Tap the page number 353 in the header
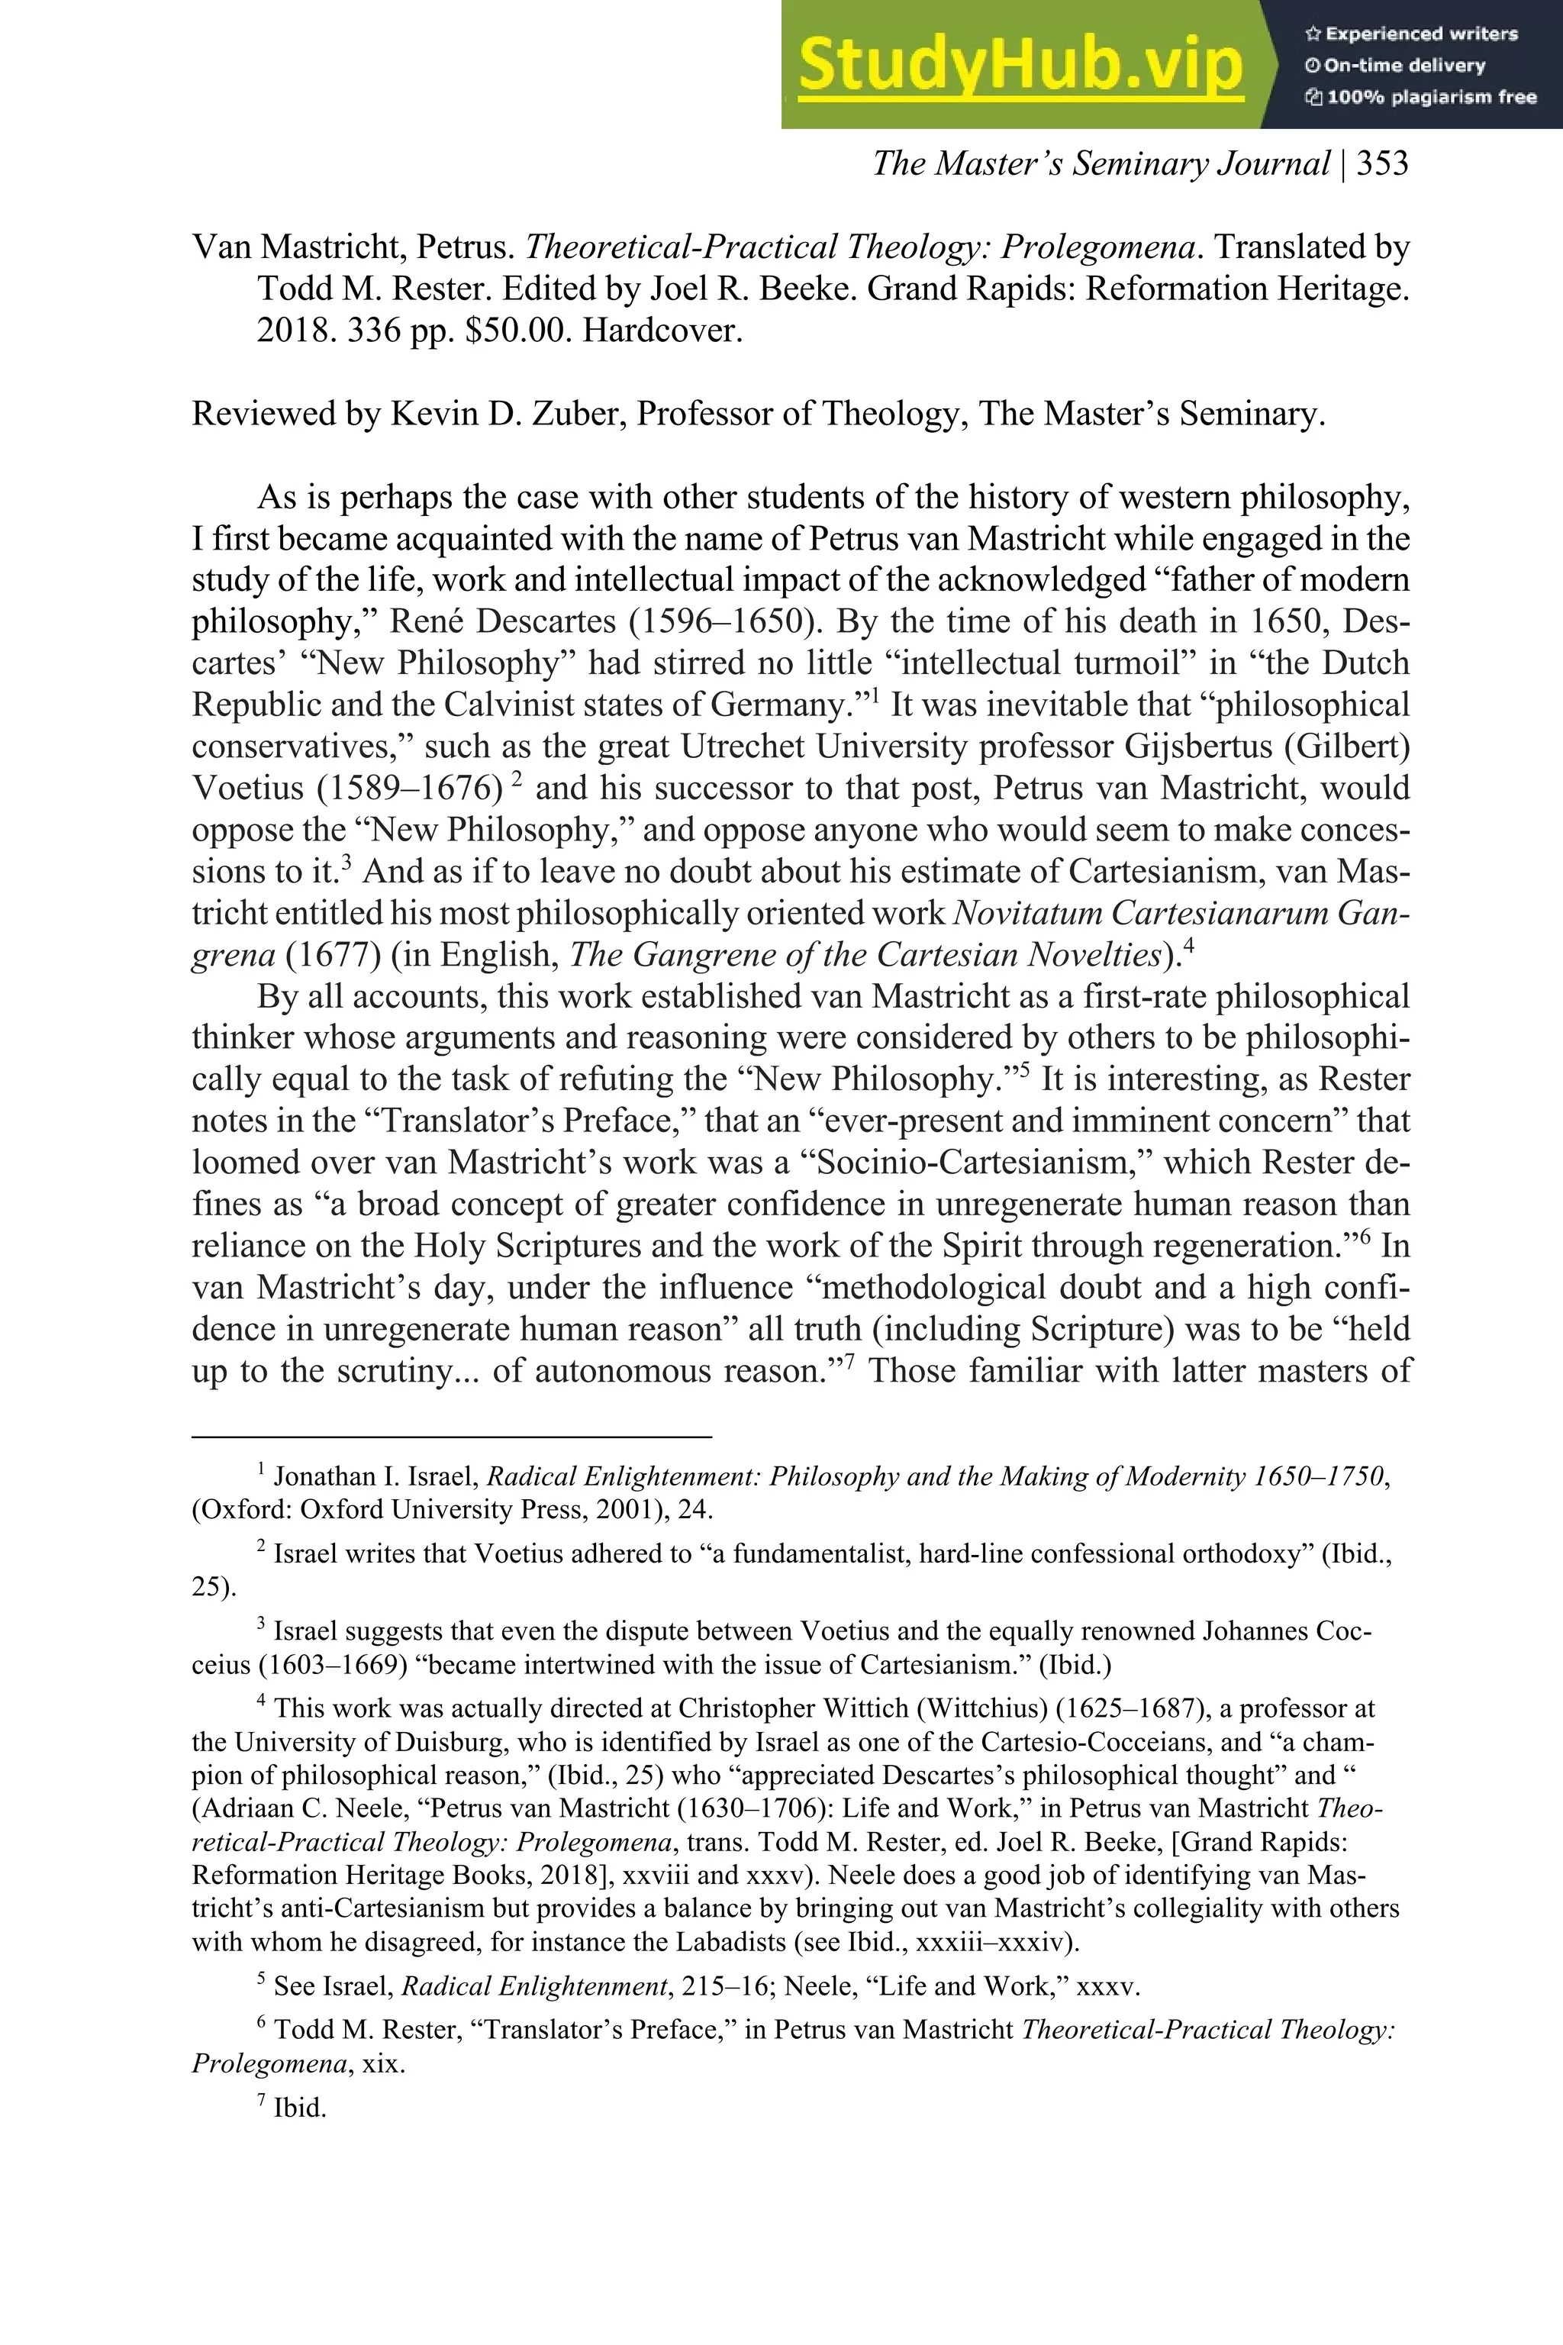(x=1381, y=163)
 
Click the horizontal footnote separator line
(x=452, y=1437)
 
